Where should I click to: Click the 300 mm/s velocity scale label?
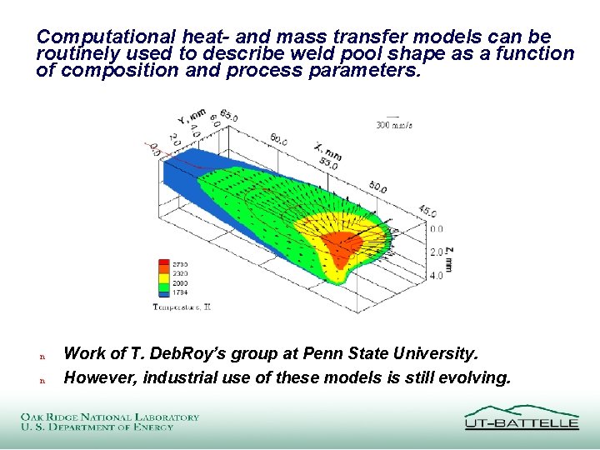pyautogui.click(x=395, y=125)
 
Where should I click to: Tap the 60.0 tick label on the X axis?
pyautogui.click(x=279, y=141)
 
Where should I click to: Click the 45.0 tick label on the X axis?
pyautogui.click(x=427, y=210)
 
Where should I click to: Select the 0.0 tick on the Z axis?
pyautogui.click(x=437, y=228)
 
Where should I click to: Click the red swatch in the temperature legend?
pyautogui.click(x=162, y=264)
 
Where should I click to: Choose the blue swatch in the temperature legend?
pyautogui.click(x=162, y=292)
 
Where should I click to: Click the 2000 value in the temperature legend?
pyautogui.click(x=179, y=283)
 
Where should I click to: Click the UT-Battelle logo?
pyautogui.click(x=521, y=417)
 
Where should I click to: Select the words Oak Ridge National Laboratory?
pyautogui.click(x=110, y=417)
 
